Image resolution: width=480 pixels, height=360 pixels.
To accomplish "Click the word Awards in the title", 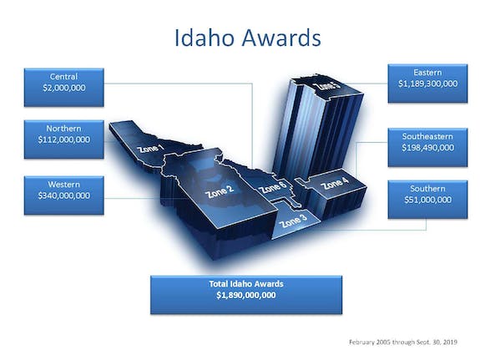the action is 281,38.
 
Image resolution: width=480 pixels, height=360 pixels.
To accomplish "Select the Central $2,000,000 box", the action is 64,88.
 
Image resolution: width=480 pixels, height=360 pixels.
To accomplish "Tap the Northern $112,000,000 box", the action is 64,139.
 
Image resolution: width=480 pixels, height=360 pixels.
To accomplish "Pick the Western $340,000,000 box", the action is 64,195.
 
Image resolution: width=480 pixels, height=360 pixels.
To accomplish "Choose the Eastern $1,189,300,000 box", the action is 427,84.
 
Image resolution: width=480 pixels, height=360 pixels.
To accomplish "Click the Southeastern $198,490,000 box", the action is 427,147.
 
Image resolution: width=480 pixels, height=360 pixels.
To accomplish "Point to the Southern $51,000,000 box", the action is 427,200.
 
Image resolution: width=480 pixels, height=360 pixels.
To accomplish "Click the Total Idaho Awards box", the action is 246,295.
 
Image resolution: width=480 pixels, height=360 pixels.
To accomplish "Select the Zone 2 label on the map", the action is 220,191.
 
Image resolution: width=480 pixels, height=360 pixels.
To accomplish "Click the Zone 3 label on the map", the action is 293,221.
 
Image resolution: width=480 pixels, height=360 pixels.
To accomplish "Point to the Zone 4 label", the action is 334,183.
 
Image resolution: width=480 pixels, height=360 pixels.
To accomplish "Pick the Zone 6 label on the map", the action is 273,187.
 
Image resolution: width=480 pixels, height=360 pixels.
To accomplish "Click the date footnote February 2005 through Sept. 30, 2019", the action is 403,342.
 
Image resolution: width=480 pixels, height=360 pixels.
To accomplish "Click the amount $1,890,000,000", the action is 246,295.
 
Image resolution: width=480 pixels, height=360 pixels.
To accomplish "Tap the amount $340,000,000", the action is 64,195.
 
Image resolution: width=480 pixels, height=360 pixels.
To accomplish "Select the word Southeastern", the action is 427,136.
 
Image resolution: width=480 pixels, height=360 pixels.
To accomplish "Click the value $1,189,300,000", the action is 428,84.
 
